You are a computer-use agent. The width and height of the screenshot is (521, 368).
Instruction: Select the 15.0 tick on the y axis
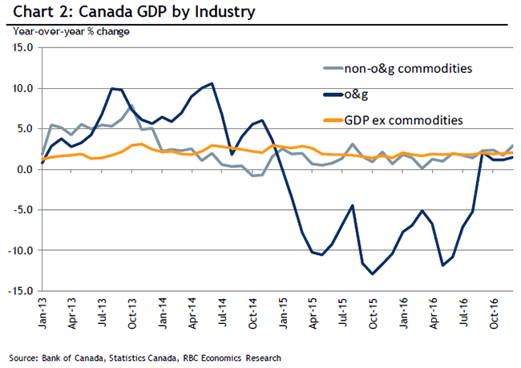click(22, 47)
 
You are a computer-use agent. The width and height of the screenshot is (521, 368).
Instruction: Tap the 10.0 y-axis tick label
click(22, 88)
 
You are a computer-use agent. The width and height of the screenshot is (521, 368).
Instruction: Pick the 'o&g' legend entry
click(354, 94)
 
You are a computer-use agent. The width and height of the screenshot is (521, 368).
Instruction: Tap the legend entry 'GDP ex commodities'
click(402, 120)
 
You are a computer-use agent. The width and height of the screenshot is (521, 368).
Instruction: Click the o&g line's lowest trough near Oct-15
click(372, 274)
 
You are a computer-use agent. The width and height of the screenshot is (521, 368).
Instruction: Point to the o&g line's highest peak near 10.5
click(211, 83)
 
